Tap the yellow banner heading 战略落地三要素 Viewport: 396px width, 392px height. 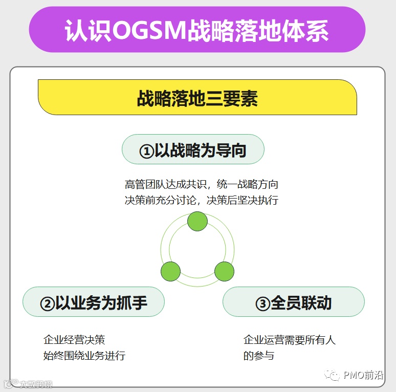tap(197, 98)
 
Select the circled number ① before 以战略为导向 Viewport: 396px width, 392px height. tap(146, 151)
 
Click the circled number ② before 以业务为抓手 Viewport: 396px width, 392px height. tap(47, 303)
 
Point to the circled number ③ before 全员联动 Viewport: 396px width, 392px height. tap(262, 303)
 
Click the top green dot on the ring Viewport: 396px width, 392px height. tap(197, 222)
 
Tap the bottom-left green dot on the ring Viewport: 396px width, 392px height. tap(171, 271)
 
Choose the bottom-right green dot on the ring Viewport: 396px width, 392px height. tap(224, 271)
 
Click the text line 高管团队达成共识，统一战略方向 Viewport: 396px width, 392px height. tap(202, 184)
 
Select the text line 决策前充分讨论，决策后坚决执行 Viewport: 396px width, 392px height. tap(202, 200)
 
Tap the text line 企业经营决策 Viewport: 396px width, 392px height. tap(74, 340)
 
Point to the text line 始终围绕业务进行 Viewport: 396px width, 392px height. tap(84, 356)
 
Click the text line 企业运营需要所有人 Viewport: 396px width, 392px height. tap(290, 340)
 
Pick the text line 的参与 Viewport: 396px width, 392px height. tap(259, 356)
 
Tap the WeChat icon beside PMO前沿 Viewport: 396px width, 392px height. tap(334, 376)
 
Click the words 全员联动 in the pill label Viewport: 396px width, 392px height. tap(301, 303)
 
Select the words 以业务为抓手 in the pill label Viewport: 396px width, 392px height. tap(101, 303)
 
